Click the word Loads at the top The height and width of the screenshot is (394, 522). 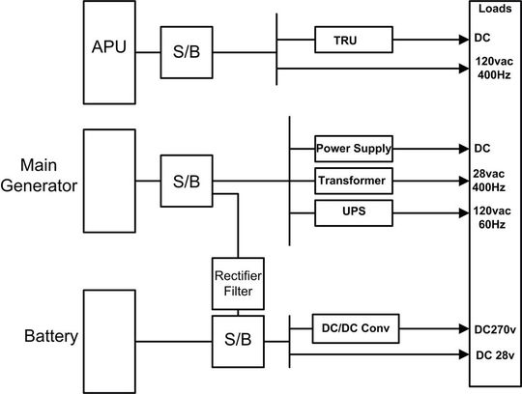click(x=495, y=9)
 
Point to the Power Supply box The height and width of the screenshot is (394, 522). click(x=354, y=149)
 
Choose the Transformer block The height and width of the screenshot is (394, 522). click(x=354, y=180)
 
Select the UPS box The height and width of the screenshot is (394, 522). click(x=354, y=211)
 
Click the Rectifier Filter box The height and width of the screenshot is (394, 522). click(x=238, y=284)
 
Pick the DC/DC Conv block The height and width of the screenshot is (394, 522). click(x=354, y=327)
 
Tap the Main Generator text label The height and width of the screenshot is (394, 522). click(x=39, y=175)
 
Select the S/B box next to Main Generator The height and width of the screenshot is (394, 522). click(x=187, y=181)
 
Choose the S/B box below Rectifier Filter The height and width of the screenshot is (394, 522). click(x=238, y=339)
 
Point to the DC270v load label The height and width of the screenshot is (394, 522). click(x=495, y=327)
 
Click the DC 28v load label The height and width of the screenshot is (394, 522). click(x=495, y=354)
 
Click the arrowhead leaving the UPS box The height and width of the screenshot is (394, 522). click(x=461, y=211)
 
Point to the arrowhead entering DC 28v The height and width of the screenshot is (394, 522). click(x=461, y=354)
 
